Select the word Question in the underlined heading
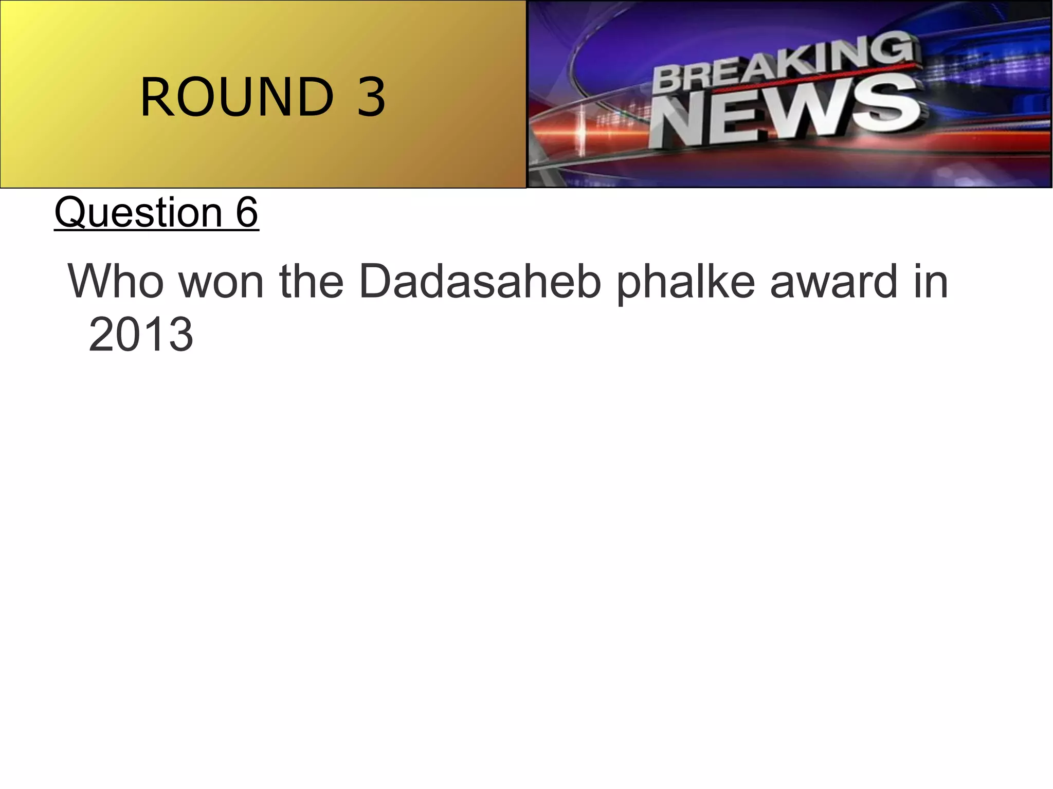[138, 212]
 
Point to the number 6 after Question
[247, 212]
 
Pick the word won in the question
[221, 281]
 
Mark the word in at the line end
[931, 281]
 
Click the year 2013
[141, 335]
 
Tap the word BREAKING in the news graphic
[784, 64]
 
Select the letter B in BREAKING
[667, 82]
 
